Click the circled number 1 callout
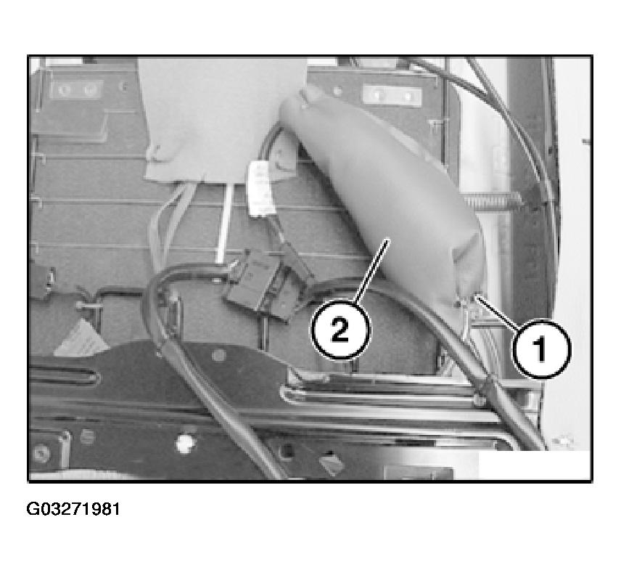click(x=542, y=349)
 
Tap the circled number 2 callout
click(x=340, y=330)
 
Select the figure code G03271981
click(x=73, y=509)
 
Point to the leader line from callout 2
click(x=372, y=270)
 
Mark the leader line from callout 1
click(x=498, y=313)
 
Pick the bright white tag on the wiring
click(x=260, y=188)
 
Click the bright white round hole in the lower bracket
click(x=184, y=443)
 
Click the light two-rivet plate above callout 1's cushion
click(x=392, y=95)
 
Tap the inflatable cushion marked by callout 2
click(x=386, y=198)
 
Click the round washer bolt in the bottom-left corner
click(x=41, y=452)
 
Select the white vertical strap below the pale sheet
click(x=223, y=223)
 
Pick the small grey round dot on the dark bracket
click(x=218, y=355)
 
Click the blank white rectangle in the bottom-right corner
click(x=535, y=465)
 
